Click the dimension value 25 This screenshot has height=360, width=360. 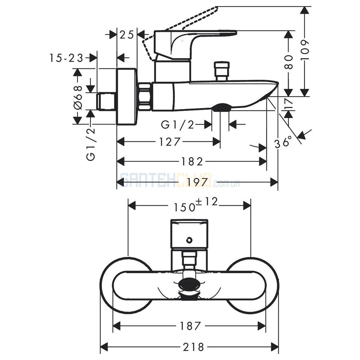point(127,35)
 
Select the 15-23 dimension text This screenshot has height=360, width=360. point(66,58)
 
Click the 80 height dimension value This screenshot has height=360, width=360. point(289,62)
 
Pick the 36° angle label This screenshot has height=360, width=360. point(283,142)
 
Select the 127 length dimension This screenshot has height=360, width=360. point(170,142)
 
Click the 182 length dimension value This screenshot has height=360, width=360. point(192,161)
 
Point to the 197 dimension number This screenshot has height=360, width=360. point(198,182)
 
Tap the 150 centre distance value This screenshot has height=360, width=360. point(184,207)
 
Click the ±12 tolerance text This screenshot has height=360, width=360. point(206,202)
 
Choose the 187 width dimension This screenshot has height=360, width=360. point(190,325)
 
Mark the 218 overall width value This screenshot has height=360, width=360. point(193,347)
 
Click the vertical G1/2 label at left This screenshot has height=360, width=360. point(91,144)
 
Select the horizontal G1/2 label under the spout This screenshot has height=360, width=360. point(177,125)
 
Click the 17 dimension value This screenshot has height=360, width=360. point(289,104)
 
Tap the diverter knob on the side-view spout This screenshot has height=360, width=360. point(221,71)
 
